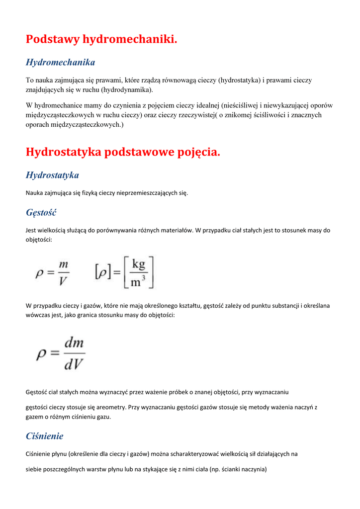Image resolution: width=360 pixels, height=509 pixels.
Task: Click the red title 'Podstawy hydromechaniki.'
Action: tap(101, 39)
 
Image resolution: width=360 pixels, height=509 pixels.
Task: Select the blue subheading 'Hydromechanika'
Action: tap(60, 63)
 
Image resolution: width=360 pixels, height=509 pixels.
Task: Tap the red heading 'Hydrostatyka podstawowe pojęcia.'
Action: tap(123, 152)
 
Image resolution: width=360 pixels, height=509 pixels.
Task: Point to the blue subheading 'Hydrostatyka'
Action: tap(52, 175)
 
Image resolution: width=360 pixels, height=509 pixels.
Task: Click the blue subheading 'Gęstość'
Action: tap(41, 213)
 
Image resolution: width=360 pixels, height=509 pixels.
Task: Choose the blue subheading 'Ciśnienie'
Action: tap(44, 436)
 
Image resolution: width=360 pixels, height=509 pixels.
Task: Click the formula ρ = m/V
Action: tap(52, 271)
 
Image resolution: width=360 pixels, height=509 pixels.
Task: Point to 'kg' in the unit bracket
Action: tap(138, 265)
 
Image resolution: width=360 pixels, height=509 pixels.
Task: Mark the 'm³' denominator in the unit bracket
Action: tap(138, 281)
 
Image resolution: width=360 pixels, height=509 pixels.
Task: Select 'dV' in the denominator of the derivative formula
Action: tap(74, 364)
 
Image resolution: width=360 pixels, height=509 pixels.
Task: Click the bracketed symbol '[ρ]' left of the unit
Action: tap(102, 272)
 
